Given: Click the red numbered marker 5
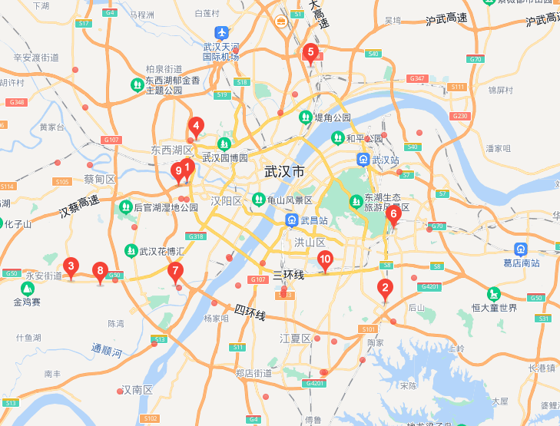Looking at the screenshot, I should [x=310, y=53].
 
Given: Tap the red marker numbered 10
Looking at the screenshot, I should [x=325, y=260].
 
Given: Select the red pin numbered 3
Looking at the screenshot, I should [x=71, y=267].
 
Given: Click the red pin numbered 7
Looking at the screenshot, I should [x=176, y=271].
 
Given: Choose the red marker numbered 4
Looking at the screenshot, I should [x=393, y=214].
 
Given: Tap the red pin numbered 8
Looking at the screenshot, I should [x=99, y=271].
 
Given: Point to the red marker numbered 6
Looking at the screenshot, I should [x=393, y=214].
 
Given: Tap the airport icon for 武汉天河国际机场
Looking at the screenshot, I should [x=221, y=33].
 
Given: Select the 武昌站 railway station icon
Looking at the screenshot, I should [x=290, y=220].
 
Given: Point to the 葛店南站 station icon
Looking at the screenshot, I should [x=520, y=249].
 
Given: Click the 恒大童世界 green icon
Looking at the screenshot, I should [x=492, y=294].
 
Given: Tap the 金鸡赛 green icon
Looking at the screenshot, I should [x=28, y=289].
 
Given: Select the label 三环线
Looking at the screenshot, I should [x=289, y=274].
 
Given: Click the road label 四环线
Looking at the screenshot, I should [x=250, y=312].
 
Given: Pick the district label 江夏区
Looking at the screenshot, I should [x=295, y=338].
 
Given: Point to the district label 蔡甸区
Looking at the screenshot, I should [x=99, y=180].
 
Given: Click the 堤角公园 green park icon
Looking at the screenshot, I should [x=305, y=117].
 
